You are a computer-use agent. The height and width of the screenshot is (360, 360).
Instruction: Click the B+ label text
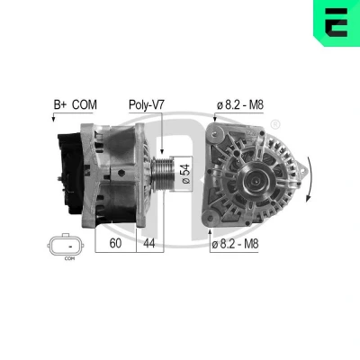(x=61, y=105)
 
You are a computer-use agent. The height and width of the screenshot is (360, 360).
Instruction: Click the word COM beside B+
(x=85, y=105)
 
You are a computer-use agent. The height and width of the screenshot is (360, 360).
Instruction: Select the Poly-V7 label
(x=147, y=105)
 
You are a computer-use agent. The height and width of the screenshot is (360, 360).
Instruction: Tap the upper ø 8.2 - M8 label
(x=240, y=105)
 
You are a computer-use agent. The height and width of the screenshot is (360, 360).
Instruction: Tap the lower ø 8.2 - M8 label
(x=235, y=244)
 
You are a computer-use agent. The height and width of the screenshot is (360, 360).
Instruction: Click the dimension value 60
(x=115, y=243)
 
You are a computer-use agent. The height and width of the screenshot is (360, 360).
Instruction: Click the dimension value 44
(x=149, y=243)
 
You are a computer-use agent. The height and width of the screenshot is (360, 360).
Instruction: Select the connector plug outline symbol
(x=66, y=246)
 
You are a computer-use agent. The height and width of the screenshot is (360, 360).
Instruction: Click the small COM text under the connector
(x=69, y=258)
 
